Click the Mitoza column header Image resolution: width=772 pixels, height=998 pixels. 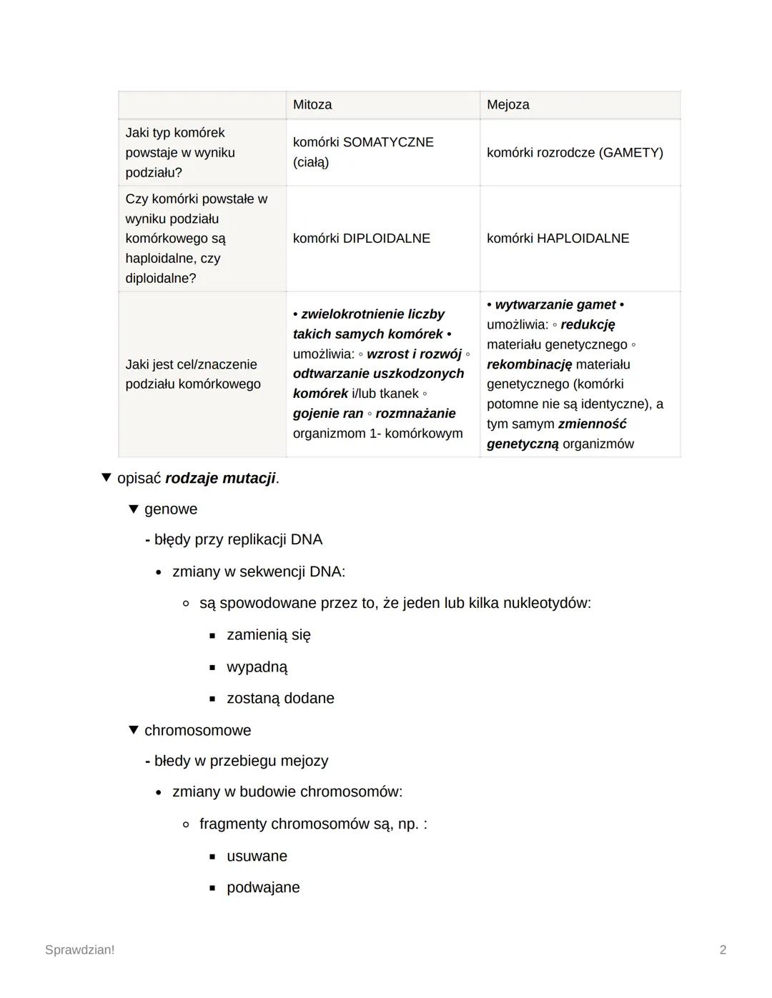coord(312,105)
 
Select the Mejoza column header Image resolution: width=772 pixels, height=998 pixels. coord(508,105)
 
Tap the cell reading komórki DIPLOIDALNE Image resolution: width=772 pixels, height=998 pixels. coord(361,239)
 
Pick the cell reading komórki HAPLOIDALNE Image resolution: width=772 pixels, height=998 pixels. coord(558,239)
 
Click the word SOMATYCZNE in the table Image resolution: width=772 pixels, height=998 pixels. coord(388,142)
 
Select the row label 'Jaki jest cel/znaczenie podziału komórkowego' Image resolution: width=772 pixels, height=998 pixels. coord(192,374)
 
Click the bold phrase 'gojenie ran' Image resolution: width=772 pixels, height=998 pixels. coord(328,414)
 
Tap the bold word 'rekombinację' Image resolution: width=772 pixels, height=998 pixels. coord(529,364)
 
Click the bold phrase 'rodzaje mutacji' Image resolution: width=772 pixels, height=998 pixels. coord(220,479)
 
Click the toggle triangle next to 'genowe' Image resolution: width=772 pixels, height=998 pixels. coord(133,509)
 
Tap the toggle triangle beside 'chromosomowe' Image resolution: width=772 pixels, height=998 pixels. coord(133,730)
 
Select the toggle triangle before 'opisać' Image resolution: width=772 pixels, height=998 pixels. coord(107,478)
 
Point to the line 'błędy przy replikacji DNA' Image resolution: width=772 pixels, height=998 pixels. coord(238,540)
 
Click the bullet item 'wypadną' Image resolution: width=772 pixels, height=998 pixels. coord(257,667)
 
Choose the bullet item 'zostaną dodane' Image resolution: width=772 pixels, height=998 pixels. coord(280,699)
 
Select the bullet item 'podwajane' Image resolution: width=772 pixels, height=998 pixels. coord(263,888)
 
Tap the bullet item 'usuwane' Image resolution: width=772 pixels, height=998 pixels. coord(257,857)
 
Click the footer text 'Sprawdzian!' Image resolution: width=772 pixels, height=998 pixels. coord(79,950)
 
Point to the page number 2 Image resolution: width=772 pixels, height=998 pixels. coord(723,950)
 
